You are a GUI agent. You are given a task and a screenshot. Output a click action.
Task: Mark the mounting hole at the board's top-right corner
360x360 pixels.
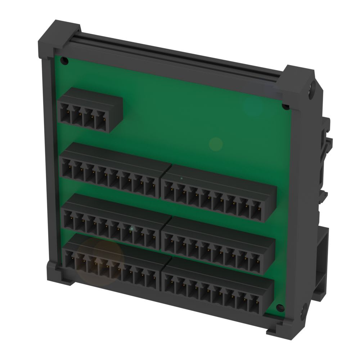tap(285, 107)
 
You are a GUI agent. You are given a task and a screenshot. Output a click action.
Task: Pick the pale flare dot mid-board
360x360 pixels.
tap(216, 144)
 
